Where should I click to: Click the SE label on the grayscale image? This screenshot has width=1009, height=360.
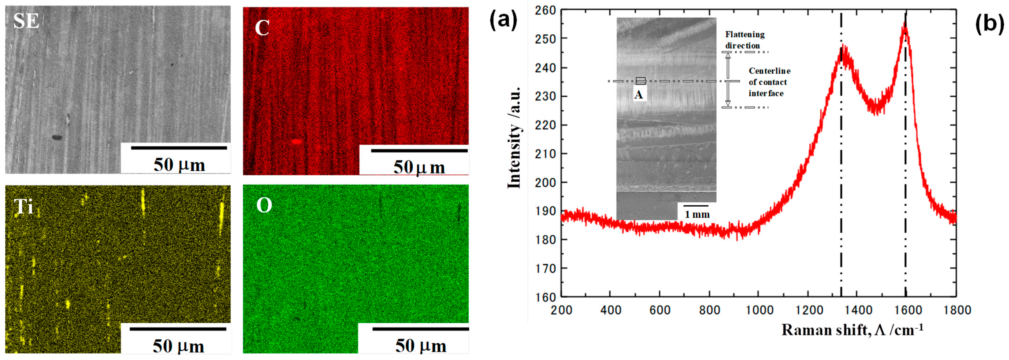(26, 21)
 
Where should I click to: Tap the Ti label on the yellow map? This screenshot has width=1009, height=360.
(24, 206)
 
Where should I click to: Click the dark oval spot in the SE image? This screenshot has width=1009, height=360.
(57, 137)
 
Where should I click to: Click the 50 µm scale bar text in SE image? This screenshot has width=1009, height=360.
(179, 165)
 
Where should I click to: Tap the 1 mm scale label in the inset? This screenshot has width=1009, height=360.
(697, 214)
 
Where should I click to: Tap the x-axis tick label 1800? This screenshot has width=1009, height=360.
(956, 310)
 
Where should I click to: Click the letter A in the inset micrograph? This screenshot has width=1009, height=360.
(638, 95)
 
